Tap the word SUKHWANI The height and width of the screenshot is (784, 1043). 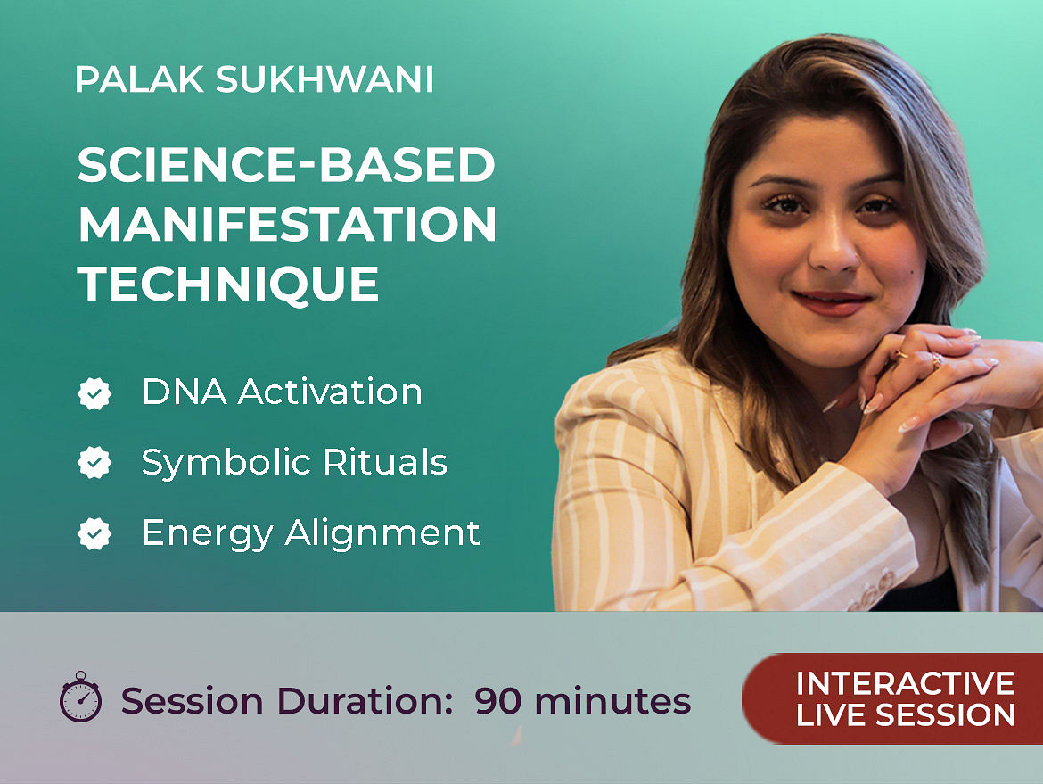(324, 79)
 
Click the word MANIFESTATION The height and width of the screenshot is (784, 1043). (287, 224)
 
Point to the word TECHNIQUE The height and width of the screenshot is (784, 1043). (229, 285)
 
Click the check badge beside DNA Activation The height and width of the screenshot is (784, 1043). (94, 392)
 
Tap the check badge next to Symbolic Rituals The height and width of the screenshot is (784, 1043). (94, 463)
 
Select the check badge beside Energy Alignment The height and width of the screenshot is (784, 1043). (94, 533)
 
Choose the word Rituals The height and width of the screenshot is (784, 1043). (385, 462)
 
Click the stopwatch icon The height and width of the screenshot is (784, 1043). (81, 697)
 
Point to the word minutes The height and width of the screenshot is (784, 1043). (612, 701)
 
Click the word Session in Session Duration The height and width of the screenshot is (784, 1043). (193, 701)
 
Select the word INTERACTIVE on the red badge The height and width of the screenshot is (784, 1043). (906, 683)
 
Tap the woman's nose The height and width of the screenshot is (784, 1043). (834, 246)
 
